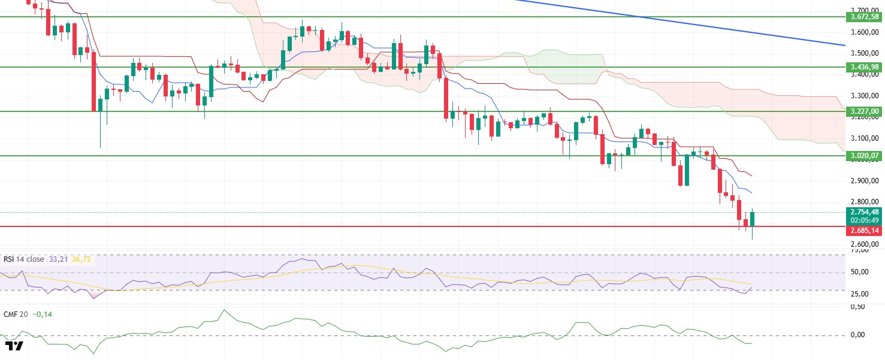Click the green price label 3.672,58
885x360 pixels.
(x=863, y=17)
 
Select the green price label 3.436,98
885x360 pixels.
(x=863, y=67)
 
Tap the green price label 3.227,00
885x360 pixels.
(x=863, y=111)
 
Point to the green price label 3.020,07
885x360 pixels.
(x=863, y=156)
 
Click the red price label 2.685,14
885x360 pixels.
(x=863, y=231)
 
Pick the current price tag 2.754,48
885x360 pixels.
(x=863, y=211)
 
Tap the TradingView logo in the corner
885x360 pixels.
(x=14, y=346)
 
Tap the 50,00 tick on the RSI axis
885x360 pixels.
(x=859, y=273)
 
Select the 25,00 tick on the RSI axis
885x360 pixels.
(x=859, y=294)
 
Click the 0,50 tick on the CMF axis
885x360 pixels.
(x=857, y=307)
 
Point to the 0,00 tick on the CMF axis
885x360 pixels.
(x=857, y=335)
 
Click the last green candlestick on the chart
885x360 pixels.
(x=753, y=219)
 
